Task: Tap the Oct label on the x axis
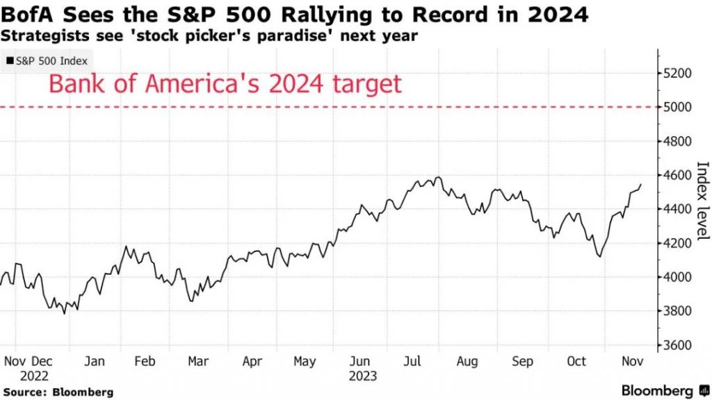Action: [576, 361]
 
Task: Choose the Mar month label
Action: [198, 361]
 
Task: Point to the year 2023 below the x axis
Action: [362, 376]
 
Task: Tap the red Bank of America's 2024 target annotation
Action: [225, 84]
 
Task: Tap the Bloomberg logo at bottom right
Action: [657, 390]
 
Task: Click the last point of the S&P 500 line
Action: [641, 185]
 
